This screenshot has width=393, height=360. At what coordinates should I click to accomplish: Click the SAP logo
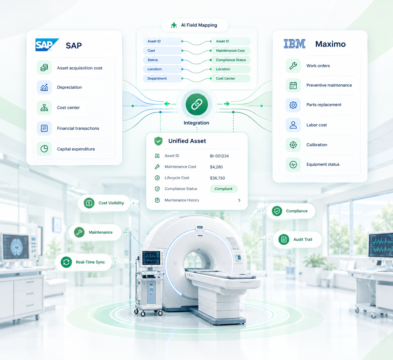coord(47,45)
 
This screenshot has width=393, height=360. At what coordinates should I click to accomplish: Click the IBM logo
coord(295,44)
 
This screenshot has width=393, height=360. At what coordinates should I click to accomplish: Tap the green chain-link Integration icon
coord(196,104)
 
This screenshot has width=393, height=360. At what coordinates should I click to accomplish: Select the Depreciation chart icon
coord(44,87)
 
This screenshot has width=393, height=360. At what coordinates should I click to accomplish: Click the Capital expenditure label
coord(76,149)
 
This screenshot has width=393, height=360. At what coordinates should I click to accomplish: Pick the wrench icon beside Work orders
coord(293,66)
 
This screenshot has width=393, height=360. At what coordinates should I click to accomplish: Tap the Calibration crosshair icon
coord(293,145)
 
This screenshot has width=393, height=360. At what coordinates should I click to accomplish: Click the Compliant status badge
coord(223,189)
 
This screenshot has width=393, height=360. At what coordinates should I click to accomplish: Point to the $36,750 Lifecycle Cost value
coord(217,178)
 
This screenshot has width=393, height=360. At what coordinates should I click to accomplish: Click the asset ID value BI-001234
coord(219,156)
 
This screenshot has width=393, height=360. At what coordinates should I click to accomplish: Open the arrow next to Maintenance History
coord(239,200)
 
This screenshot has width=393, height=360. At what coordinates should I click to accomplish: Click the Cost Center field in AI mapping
coord(226,78)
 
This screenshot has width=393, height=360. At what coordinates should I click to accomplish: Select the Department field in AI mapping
coord(157,78)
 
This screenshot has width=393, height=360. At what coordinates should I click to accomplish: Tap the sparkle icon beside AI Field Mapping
coord(174,25)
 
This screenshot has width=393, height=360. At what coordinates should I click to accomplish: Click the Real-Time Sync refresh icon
coord(66,262)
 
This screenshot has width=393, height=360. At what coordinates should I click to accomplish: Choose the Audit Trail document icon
coord(284,239)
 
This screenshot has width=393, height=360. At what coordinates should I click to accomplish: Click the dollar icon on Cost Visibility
coord(89,203)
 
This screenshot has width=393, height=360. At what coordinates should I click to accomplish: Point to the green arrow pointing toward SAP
coord(167,104)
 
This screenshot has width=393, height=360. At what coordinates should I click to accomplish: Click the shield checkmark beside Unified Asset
coord(158,141)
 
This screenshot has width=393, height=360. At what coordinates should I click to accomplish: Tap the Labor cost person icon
coord(293,125)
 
